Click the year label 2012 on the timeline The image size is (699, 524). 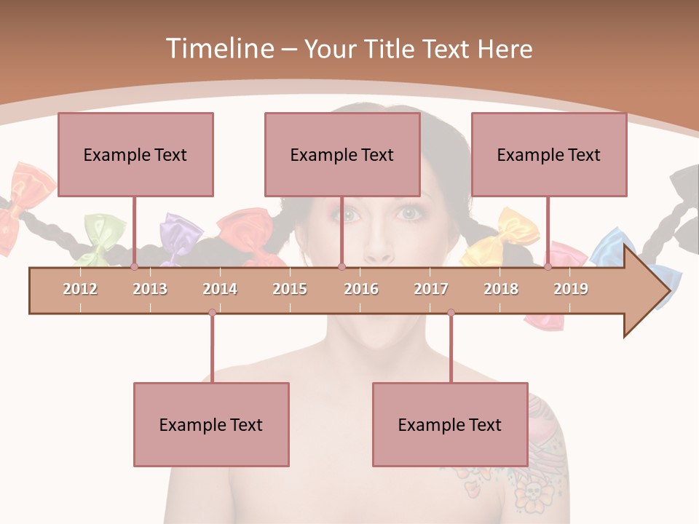tap(80, 289)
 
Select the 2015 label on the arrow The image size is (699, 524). tap(290, 289)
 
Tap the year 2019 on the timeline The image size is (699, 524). tap(571, 289)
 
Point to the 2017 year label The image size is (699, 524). tap(431, 289)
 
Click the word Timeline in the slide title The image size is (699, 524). tap(218, 49)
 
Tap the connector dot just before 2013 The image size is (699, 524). tap(134, 266)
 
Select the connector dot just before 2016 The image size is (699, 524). tap(341, 266)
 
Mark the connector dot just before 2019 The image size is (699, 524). tap(548, 266)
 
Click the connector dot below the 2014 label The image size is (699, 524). tap(212, 313)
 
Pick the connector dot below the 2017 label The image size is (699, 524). tap(451, 313)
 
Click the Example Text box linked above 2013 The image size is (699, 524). tap(135, 154)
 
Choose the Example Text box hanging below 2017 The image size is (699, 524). tap(450, 424)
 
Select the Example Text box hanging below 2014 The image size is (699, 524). tap(211, 424)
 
